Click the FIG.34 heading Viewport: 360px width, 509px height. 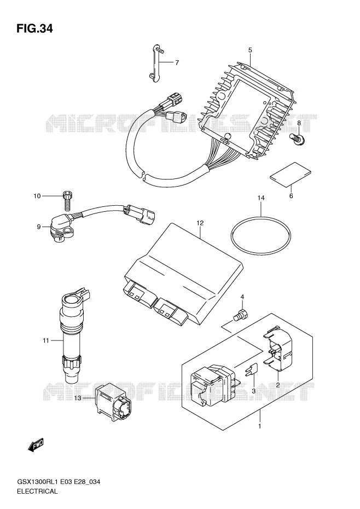[34, 29]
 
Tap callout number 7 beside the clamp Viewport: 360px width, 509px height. [177, 62]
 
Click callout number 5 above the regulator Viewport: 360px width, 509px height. [250, 50]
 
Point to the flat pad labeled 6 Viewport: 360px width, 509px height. [291, 175]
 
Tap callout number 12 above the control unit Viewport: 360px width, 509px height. [200, 223]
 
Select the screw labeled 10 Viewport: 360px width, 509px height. [67, 201]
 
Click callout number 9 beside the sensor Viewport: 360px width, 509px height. [39, 227]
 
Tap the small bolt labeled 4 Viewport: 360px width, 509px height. [241, 315]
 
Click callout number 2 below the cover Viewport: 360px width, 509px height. [278, 385]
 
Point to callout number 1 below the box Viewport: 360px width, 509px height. [259, 426]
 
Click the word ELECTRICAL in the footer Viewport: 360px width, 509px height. [37, 491]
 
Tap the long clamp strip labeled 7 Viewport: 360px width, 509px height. [156, 62]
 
